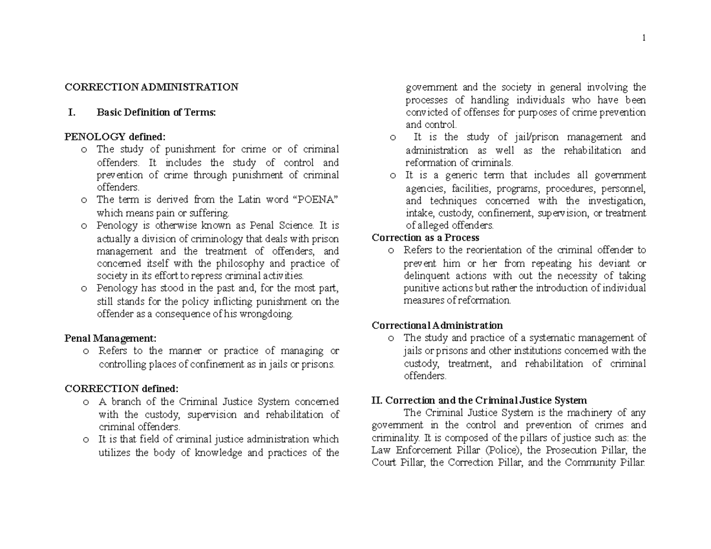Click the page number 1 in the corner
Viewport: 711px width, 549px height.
point(643,38)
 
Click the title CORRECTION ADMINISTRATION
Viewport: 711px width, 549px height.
point(151,87)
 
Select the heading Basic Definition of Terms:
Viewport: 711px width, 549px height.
point(156,113)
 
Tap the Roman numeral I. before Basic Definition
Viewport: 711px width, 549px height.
point(73,113)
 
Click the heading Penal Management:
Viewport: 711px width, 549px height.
point(110,338)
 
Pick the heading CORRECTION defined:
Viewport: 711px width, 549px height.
point(121,389)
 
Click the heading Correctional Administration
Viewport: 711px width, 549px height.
point(437,325)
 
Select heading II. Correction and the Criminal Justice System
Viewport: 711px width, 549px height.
point(479,400)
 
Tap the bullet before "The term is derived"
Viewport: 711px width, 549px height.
point(85,200)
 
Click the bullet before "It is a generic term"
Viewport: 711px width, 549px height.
point(393,175)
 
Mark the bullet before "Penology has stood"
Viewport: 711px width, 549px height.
point(85,289)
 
